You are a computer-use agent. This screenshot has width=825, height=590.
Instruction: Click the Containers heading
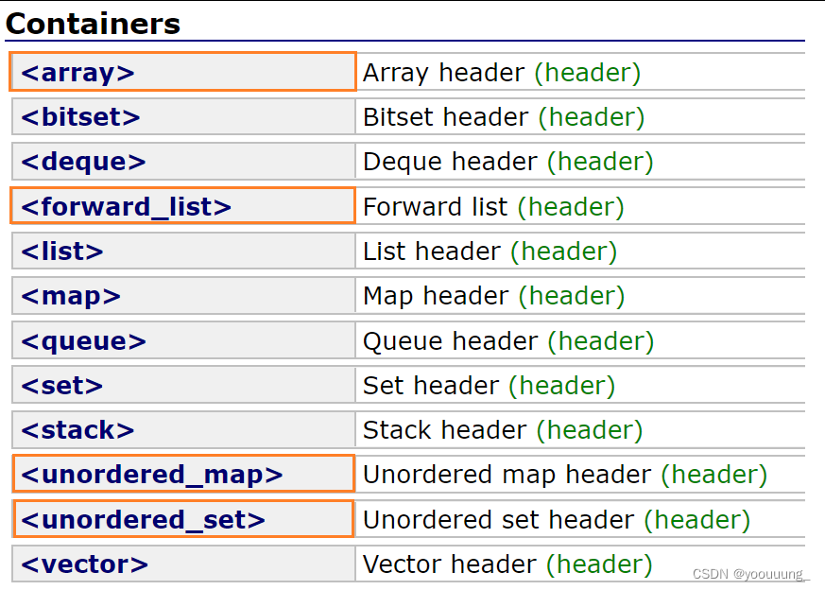(x=93, y=24)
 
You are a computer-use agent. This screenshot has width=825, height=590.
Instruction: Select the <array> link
(x=77, y=73)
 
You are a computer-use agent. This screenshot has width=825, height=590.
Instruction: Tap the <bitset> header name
(x=80, y=117)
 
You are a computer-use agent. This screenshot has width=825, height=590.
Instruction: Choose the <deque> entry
(x=83, y=162)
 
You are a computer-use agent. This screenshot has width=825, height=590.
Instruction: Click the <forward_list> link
(x=127, y=206)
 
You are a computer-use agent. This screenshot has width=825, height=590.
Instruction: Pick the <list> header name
(x=62, y=252)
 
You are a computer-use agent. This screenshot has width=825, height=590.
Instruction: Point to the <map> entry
(x=71, y=296)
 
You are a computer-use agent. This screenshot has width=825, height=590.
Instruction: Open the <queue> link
(x=84, y=341)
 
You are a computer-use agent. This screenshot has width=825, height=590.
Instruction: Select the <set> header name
(x=62, y=385)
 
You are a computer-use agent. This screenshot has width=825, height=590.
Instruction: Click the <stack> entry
(x=77, y=430)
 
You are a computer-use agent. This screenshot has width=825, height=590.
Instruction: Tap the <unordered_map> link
(x=152, y=475)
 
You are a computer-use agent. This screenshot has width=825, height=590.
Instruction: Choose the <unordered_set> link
(x=143, y=520)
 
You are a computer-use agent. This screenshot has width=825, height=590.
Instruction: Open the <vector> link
(x=85, y=564)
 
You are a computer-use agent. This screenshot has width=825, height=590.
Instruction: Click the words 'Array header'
(x=443, y=73)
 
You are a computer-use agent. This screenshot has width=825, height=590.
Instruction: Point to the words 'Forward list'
(x=435, y=206)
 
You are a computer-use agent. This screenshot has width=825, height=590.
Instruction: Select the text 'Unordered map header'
(x=507, y=475)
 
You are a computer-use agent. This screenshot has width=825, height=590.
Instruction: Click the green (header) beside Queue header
(x=601, y=341)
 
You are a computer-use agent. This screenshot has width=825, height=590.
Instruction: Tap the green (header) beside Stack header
(x=590, y=430)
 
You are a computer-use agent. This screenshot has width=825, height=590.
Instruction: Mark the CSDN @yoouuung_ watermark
(x=750, y=574)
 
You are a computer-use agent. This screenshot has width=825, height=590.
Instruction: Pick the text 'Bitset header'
(x=446, y=117)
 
